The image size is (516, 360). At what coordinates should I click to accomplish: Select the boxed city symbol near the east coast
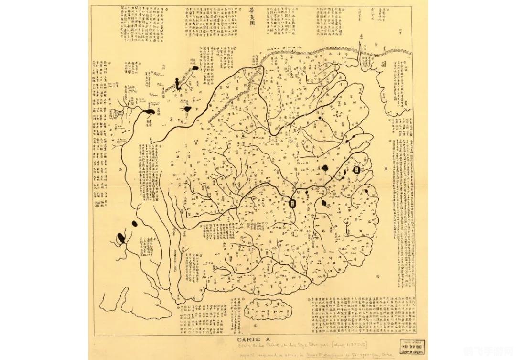coord(356,170)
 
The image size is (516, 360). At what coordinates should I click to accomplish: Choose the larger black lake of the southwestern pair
coord(122,236)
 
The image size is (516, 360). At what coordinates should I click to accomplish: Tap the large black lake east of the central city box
coord(325,168)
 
